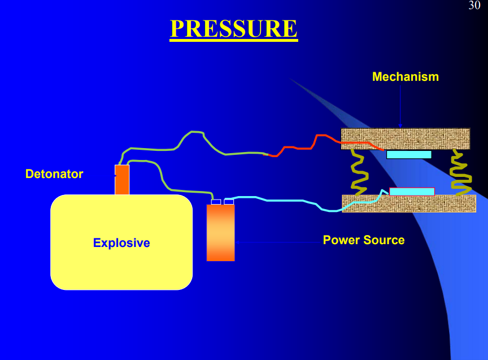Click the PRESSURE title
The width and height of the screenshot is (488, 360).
pyautogui.click(x=233, y=29)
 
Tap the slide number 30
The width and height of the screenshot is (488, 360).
pyautogui.click(x=474, y=6)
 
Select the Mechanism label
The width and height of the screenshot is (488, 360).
pyautogui.click(x=405, y=77)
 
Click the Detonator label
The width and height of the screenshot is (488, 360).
pyautogui.click(x=54, y=174)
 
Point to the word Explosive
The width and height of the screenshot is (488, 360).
pyautogui.click(x=121, y=243)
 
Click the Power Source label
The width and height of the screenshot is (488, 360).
pyautogui.click(x=363, y=240)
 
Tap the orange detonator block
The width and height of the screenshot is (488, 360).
pyautogui.click(x=122, y=180)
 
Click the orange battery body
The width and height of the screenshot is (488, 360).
pyautogui.click(x=220, y=232)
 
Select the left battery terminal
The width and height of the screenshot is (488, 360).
pyautogui.click(x=216, y=202)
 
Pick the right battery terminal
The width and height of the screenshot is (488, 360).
pyautogui.click(x=229, y=202)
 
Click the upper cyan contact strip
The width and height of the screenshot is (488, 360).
pyautogui.click(x=409, y=154)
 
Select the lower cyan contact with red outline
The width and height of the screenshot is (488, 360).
pyautogui.click(x=412, y=192)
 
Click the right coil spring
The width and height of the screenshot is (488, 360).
pyautogui.click(x=460, y=172)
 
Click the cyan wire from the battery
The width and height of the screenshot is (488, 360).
pyautogui.click(x=282, y=199)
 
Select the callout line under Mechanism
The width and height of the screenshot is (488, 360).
pyautogui.click(x=400, y=105)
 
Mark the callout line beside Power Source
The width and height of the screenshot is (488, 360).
pyautogui.click(x=277, y=242)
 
